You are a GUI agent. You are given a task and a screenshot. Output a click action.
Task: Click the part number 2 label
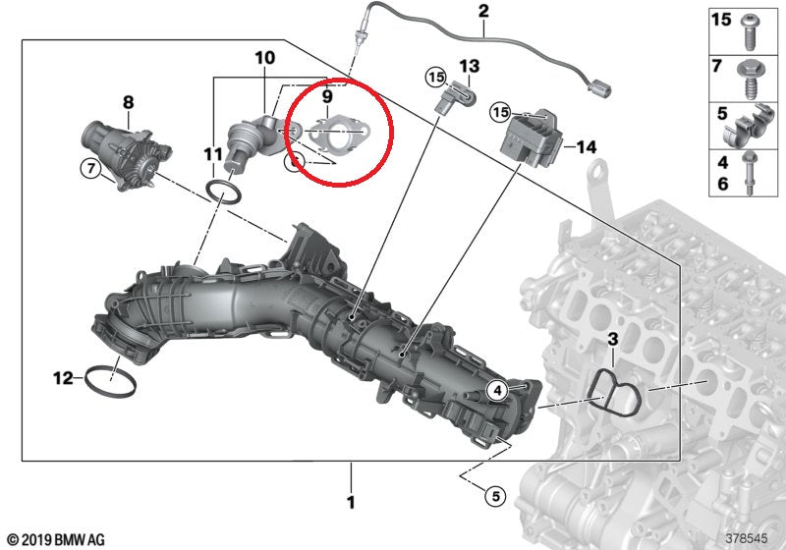[482, 12]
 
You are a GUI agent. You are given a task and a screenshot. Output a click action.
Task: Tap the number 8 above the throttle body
[128, 101]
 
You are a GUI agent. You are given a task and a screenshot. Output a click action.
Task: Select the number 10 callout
[264, 59]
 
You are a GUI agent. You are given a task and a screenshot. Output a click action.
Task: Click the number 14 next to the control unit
[587, 147]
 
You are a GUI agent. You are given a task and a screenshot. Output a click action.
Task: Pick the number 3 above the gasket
[611, 340]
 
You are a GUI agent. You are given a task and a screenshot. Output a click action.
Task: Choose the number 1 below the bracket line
[349, 503]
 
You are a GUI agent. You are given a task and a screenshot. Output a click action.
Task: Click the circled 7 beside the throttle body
[90, 170]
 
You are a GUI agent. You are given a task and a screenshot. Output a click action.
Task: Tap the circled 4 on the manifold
[497, 390]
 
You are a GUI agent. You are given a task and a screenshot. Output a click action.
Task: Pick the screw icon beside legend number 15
[751, 28]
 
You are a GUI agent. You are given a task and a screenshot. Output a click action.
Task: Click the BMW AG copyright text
[55, 538]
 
